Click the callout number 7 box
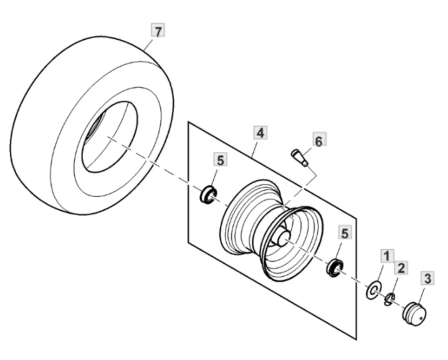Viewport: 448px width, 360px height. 158,31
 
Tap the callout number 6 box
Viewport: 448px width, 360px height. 318,140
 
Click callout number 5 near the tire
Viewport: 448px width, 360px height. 220,160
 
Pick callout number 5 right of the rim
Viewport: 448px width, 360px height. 345,232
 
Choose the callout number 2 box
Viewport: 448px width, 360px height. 400,268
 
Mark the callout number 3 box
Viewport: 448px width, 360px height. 427,278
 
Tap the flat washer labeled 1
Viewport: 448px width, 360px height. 373,290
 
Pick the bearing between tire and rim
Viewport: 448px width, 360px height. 208,194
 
